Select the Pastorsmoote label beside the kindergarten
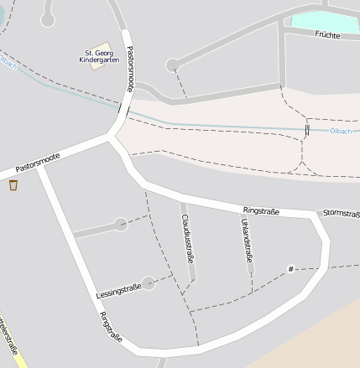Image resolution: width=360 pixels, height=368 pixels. tap(130, 68)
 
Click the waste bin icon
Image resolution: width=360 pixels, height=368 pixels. tap(13, 184)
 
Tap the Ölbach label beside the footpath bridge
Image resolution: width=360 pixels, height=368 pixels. tap(341, 130)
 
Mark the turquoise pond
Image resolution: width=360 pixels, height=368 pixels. tap(323, 20)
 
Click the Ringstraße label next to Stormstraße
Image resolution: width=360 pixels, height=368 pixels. tap(260, 210)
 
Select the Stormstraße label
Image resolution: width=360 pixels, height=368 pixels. tap(341, 213)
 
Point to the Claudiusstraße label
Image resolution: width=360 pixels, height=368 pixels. tap(187, 238)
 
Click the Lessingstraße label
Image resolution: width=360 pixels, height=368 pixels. tap(118, 291)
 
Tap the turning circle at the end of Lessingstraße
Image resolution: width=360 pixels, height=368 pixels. tap(149, 283)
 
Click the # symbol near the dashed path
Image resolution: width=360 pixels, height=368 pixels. tap(291, 269)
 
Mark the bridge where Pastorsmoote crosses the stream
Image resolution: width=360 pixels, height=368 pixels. tap(123, 110)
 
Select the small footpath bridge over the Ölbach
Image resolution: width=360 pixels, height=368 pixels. tap(307, 129)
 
